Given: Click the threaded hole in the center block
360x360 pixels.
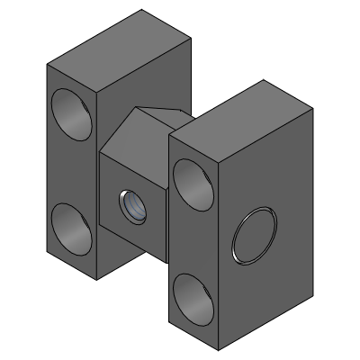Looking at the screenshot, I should tap(131, 206).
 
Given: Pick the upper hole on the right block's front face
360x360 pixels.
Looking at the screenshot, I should tap(193, 178).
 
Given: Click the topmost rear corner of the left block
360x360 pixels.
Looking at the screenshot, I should tap(141, 10).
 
